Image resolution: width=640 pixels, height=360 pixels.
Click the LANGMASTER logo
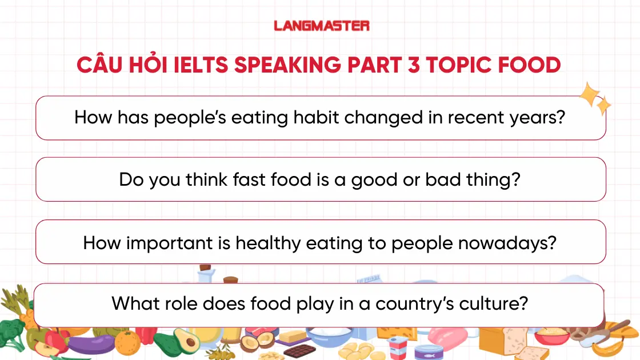pyautogui.click(x=321, y=26)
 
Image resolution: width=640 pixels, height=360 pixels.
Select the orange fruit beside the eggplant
pyautogui.click(x=127, y=343)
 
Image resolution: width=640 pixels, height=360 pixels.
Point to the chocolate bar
pyautogui.click(x=299, y=350)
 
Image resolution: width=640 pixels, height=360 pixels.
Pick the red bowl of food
pyautogui.click(x=551, y=337)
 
